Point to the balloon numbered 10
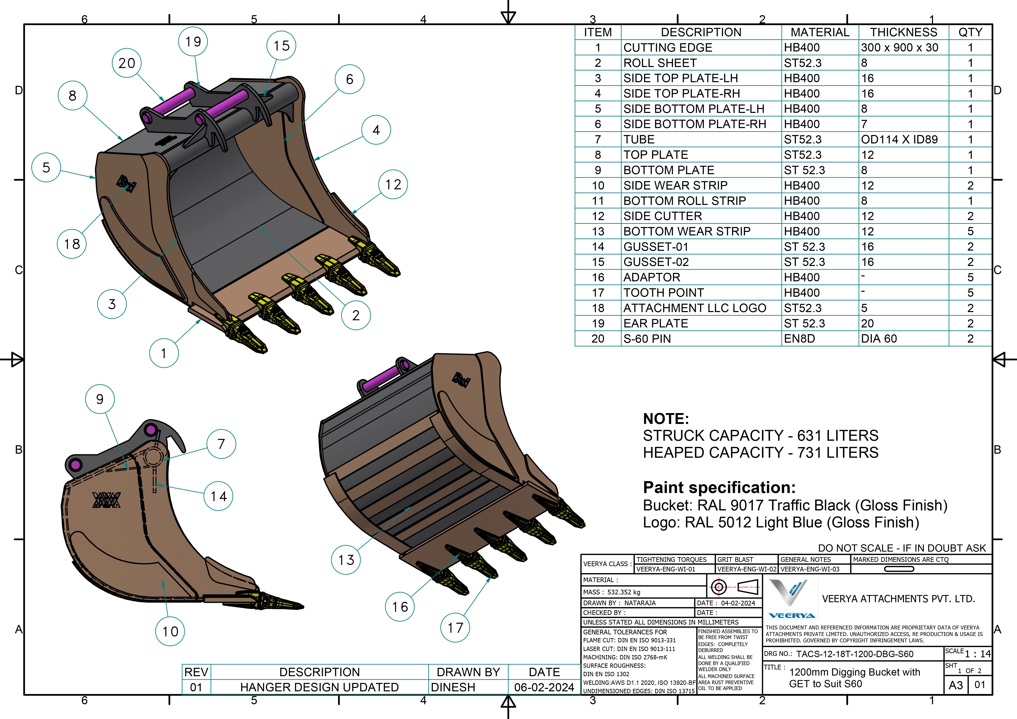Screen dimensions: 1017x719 click(170, 631)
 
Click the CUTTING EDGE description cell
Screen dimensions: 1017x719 click(701, 47)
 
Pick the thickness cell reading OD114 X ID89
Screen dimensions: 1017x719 click(904, 140)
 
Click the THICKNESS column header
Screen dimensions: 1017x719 click(904, 32)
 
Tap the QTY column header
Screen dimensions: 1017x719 click(970, 32)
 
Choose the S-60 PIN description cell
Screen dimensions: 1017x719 click(701, 339)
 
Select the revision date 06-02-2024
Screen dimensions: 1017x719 click(544, 687)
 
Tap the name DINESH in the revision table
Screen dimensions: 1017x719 click(453, 687)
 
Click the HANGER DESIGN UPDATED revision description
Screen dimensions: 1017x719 click(319, 687)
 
